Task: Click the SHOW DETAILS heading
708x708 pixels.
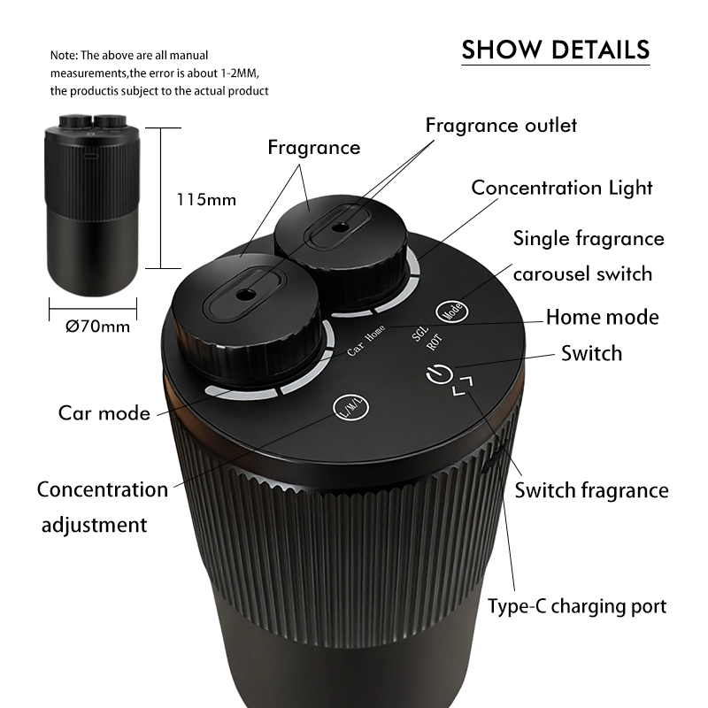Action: tap(556, 50)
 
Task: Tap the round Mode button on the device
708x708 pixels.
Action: tap(452, 312)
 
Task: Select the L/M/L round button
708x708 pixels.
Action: tap(350, 407)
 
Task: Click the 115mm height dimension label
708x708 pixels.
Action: tap(206, 200)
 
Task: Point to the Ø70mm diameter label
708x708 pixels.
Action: tap(97, 326)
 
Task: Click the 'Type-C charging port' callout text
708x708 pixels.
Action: tap(577, 606)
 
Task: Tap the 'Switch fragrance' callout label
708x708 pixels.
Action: tap(591, 490)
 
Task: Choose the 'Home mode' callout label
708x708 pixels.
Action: tap(603, 317)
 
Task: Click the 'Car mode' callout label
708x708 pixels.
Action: tap(104, 413)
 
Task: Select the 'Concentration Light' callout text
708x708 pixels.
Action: tap(562, 188)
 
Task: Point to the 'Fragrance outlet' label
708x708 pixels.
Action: tap(501, 125)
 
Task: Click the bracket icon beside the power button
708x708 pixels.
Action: tap(463, 386)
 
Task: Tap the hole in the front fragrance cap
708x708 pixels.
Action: tap(246, 296)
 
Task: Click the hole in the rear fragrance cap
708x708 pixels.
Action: tap(341, 227)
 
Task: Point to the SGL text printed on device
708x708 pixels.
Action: tap(419, 334)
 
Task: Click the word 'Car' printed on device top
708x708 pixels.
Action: tap(356, 349)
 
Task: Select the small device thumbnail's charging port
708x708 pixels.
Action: tap(91, 157)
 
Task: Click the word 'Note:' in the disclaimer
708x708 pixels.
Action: tap(64, 56)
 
